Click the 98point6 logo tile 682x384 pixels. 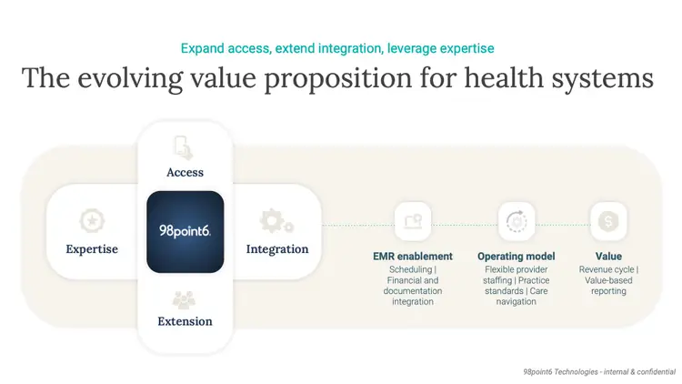186,232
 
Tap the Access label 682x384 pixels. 185,172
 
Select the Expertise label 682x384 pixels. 92,249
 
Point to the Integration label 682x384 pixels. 277,249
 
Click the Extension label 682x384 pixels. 185,321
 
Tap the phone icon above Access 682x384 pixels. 184,147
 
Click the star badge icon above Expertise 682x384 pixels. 92,221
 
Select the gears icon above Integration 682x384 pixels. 276,221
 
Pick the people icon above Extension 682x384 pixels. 184,299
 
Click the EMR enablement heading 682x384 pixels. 413,257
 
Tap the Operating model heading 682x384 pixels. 517,257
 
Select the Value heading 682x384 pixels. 608,257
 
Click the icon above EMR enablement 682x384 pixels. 413,222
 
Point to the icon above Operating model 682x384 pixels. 517,222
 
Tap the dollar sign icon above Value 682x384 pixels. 608,222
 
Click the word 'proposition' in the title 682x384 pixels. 337,79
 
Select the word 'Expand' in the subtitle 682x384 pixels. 202,48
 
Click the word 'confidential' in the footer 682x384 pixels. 656,372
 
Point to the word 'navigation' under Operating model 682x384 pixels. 517,302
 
